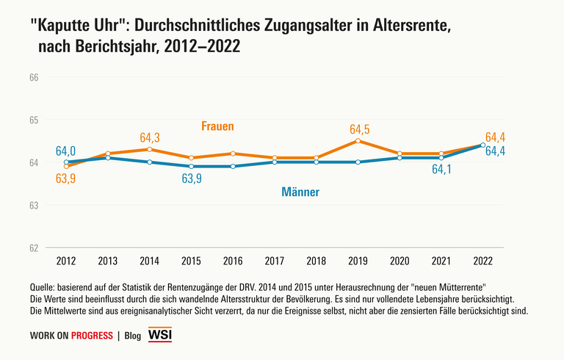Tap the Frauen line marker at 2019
tap(358, 140)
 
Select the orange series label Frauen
tap(217, 126)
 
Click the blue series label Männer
tap(300, 192)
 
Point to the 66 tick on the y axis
tap(34, 77)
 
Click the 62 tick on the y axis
tap(34, 248)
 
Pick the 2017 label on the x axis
tap(274, 261)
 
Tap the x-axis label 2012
tap(66, 261)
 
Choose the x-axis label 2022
tap(482, 261)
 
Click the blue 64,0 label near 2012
tap(66, 151)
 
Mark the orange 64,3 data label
tap(149, 137)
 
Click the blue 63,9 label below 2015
tap(192, 179)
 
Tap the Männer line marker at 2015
tap(191, 166)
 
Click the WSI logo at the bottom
tap(160, 336)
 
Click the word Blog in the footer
tap(133, 336)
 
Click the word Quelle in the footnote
tap(43, 286)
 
